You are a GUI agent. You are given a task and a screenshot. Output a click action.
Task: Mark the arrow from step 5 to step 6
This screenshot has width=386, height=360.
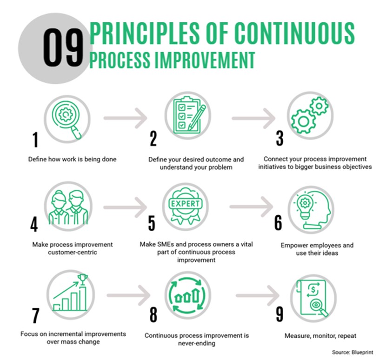click(252, 207)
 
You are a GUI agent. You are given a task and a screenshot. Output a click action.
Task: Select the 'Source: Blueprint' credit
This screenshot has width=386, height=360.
click(353, 352)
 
